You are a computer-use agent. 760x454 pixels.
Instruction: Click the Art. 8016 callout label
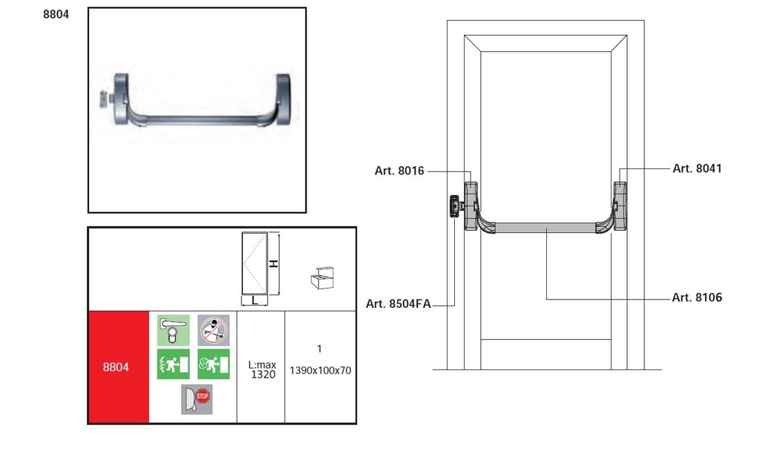pyautogui.click(x=399, y=171)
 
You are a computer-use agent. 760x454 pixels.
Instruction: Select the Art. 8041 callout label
pyautogui.click(x=697, y=168)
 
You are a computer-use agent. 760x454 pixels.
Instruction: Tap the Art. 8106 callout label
pyautogui.click(x=697, y=297)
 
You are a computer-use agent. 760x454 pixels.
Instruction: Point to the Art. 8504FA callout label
pyautogui.click(x=398, y=304)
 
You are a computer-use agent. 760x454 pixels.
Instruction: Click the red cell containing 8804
pyautogui.click(x=118, y=367)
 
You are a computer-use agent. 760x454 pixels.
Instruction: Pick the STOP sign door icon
pyautogui.click(x=197, y=399)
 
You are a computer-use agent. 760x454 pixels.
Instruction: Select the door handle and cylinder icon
pyautogui.click(x=173, y=330)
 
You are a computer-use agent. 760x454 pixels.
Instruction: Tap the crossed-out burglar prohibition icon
pyautogui.click(x=214, y=330)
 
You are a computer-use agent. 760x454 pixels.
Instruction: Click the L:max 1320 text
pyautogui.click(x=262, y=369)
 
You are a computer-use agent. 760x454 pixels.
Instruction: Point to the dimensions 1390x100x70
pyautogui.click(x=320, y=371)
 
